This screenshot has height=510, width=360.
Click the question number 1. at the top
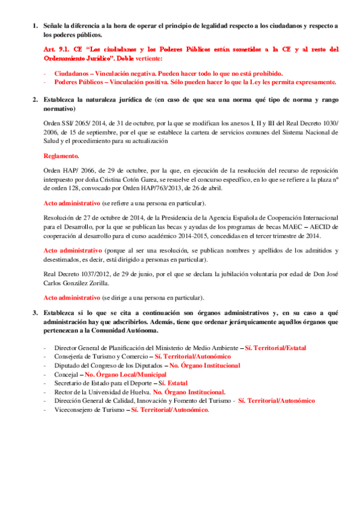[34, 25]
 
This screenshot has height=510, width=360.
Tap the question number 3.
[34, 313]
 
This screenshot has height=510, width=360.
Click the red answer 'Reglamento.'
[61, 156]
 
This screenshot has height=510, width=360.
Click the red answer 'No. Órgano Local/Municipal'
[126, 374]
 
